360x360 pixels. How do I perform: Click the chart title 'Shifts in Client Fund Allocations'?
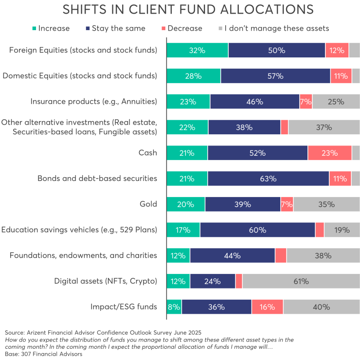tap(180, 10)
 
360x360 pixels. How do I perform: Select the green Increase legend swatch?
tap(34, 29)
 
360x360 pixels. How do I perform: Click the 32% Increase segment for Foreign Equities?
tap(198, 50)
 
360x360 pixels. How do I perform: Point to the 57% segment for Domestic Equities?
tap(275, 76)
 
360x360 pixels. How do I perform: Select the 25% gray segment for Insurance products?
tap(336, 102)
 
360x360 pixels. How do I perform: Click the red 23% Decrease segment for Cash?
tap(329, 153)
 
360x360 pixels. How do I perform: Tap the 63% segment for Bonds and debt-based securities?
tap(268, 179)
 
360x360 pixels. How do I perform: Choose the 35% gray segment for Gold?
tap(326, 204)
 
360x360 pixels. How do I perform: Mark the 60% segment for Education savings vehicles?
tap(257, 230)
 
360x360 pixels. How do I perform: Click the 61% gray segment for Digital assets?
tap(301, 281)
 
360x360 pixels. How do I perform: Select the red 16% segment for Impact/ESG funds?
tap(267, 307)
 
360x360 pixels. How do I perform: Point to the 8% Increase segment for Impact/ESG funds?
tap(174, 307)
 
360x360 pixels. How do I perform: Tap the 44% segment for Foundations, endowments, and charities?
tap(233, 255)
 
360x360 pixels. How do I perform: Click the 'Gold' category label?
tap(147, 204)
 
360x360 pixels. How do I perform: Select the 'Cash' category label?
tap(147, 153)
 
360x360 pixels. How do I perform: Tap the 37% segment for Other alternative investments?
tap(324, 127)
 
